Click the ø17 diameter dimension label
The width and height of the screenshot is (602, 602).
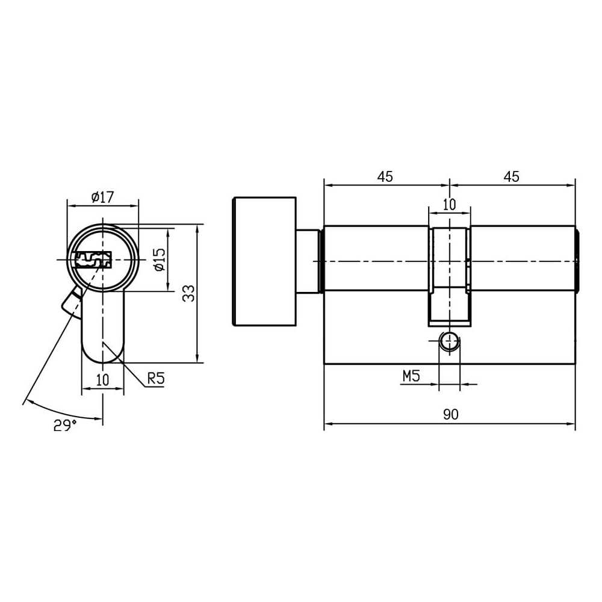pos(103,197)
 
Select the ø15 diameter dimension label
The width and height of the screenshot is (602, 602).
pos(160,260)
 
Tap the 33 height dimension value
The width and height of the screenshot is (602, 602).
pos(188,293)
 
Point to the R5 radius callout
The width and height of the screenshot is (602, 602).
pos(155,378)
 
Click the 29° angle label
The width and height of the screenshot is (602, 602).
pos(65,425)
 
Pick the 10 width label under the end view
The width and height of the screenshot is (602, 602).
pos(102,380)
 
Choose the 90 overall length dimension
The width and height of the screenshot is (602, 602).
pos(451,414)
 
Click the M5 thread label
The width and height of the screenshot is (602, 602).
pos(411,376)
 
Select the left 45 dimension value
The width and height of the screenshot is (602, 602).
pos(385,176)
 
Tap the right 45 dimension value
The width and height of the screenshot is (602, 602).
pos(511,176)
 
